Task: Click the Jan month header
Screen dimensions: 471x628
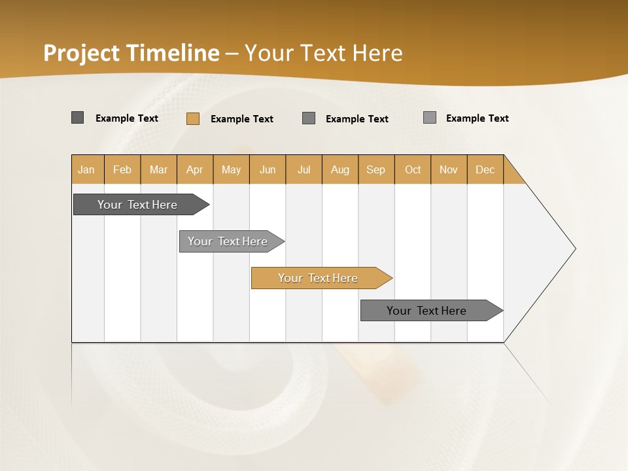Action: click(x=87, y=169)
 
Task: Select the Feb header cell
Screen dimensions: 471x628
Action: click(x=122, y=169)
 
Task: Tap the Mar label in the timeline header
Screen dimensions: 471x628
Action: click(x=158, y=169)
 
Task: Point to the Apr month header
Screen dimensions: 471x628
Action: click(x=195, y=169)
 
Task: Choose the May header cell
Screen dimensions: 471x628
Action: click(x=231, y=169)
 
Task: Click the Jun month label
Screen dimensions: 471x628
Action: click(x=268, y=169)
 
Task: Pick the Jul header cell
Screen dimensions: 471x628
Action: click(x=304, y=169)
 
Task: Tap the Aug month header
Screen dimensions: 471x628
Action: click(x=340, y=169)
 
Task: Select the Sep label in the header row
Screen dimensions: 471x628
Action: click(x=376, y=169)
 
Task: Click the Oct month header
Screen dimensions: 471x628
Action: click(x=413, y=169)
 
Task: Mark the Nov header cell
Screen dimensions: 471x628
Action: click(x=449, y=169)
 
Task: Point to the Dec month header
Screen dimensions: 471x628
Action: click(x=485, y=169)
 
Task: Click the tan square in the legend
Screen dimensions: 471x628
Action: click(x=193, y=118)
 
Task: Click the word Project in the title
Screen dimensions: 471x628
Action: click(x=82, y=53)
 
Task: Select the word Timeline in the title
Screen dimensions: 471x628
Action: click(x=173, y=53)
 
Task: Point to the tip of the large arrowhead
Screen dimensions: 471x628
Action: click(x=574, y=249)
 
